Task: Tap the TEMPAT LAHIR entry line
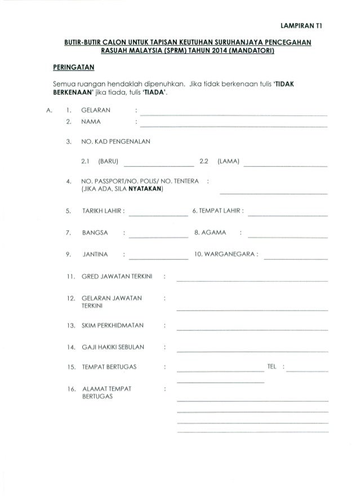pyautogui.click(x=288, y=216)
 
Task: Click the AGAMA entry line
pyautogui.click(x=288, y=237)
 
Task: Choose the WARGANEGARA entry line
pyautogui.click(x=295, y=259)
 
